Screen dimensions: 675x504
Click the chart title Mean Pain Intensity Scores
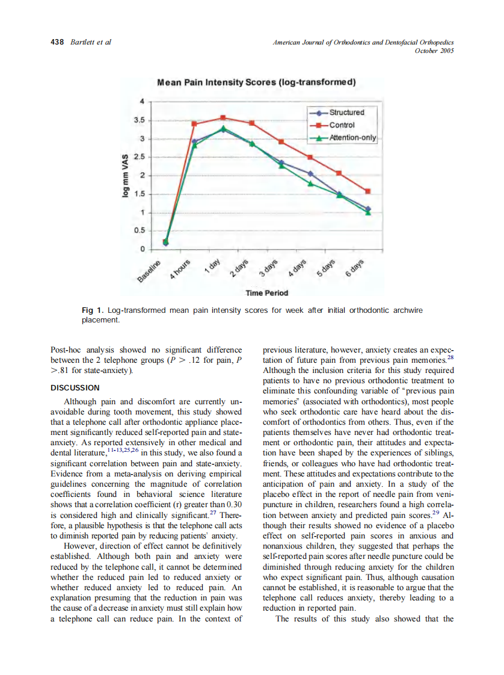256,82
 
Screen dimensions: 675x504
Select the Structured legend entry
346,112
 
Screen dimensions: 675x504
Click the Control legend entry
342,125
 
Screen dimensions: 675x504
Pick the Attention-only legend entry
352,138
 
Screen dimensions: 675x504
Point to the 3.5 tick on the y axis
139,120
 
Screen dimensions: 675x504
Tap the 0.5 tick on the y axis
139,231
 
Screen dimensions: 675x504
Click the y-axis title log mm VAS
125,175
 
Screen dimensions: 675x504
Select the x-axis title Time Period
266,293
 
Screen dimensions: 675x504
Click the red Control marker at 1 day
223,118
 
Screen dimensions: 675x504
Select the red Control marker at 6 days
368,191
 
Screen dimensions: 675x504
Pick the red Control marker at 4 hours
194,124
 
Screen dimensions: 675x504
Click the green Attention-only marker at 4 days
310,183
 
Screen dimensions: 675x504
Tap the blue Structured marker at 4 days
310,173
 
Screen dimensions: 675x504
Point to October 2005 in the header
434,51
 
